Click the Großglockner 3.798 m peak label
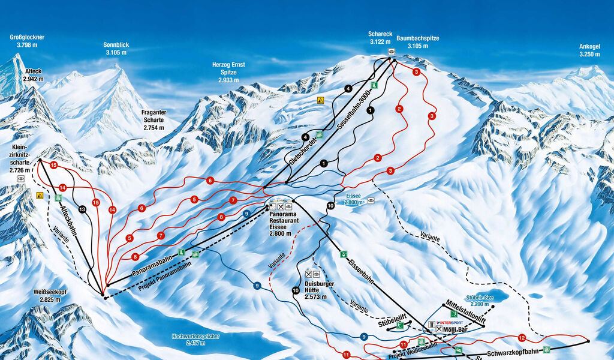[x=28, y=41]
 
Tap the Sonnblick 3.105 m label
[x=116, y=49]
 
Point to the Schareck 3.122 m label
[x=380, y=38]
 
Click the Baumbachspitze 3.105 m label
[x=417, y=41]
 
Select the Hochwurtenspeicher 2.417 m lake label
[x=195, y=340]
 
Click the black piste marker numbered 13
[x=82, y=209]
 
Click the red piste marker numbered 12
[x=522, y=338]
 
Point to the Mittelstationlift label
[x=465, y=310]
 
